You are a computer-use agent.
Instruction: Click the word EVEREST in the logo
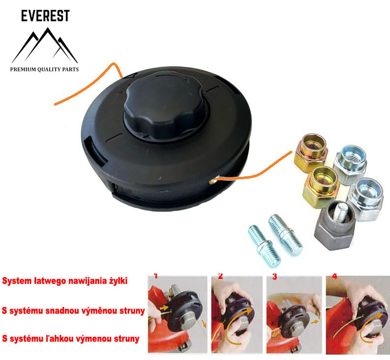coord(45,16)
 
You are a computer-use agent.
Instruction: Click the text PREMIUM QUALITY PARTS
coord(44,70)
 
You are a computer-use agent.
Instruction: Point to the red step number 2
coord(220,277)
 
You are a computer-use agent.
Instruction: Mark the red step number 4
coord(334,276)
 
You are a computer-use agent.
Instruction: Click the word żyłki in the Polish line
coord(115,281)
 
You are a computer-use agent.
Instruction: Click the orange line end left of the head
coord(56,103)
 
